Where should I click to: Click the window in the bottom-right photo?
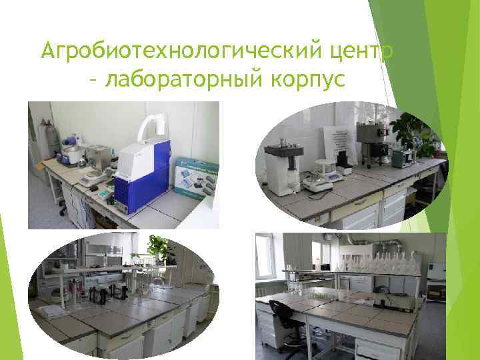tap(265, 256)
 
